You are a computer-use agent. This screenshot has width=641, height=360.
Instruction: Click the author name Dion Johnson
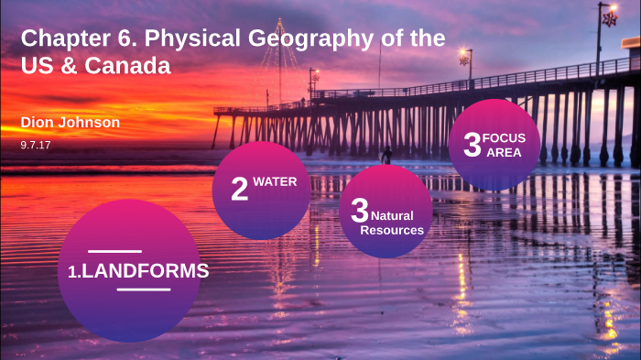[71, 123]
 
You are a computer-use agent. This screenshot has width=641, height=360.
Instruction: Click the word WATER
[275, 181]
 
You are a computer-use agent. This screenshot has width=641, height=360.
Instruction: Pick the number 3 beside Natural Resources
[359, 210]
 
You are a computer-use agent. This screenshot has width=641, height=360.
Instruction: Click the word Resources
[392, 230]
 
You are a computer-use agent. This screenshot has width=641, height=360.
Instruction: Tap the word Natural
[392, 215]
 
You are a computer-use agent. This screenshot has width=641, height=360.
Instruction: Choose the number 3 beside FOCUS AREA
[473, 145]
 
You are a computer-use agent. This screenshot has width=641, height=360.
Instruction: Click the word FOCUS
[504, 137]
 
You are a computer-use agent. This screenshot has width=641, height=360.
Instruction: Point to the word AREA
[504, 152]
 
